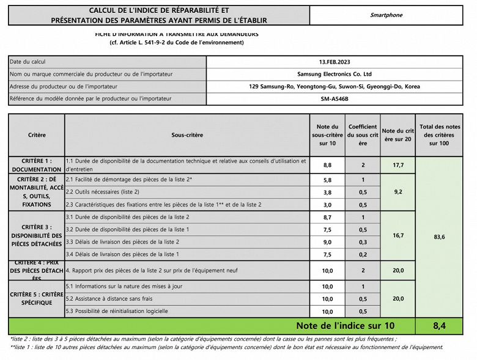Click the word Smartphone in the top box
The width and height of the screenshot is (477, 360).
pyautogui.click(x=386, y=15)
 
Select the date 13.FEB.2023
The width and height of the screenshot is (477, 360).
pyautogui.click(x=335, y=62)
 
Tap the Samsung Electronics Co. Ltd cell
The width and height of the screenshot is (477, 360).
pyautogui.click(x=335, y=74)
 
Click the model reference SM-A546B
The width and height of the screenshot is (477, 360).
pyautogui.click(x=335, y=98)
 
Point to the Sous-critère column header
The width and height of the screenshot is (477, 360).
pyautogui.click(x=187, y=134)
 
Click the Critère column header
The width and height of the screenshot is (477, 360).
pyautogui.click(x=37, y=134)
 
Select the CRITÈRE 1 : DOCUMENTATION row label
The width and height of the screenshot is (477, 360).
pyautogui.click(x=37, y=164)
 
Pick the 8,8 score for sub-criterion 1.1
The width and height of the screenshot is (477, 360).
pyautogui.click(x=327, y=165)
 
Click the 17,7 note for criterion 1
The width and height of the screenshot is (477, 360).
pyautogui.click(x=398, y=165)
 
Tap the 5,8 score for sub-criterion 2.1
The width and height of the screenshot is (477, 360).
pyautogui.click(x=327, y=180)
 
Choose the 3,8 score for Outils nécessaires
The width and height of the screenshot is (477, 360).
pyautogui.click(x=327, y=193)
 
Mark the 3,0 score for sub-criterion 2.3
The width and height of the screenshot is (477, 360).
pyautogui.click(x=327, y=205)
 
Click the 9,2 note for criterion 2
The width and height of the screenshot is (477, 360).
pyautogui.click(x=398, y=192)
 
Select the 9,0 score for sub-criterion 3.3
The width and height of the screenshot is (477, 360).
pyautogui.click(x=327, y=242)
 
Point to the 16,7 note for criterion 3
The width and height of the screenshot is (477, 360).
pyautogui.click(x=398, y=235)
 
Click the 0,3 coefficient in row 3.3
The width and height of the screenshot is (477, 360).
pyautogui.click(x=363, y=242)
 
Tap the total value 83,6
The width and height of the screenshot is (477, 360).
pyautogui.click(x=439, y=237)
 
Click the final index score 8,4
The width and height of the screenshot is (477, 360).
pyautogui.click(x=439, y=326)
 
